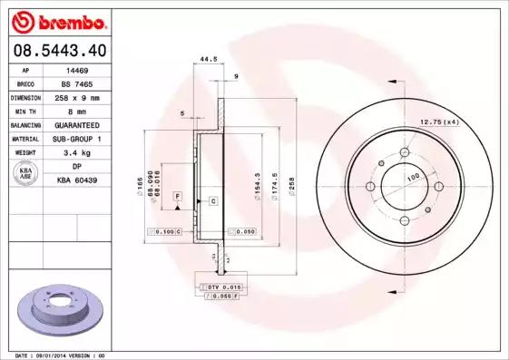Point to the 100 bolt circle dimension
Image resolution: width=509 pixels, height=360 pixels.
[x=413, y=178]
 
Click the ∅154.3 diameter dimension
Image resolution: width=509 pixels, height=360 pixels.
[x=259, y=187]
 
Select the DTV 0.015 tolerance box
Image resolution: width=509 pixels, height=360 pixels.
[x=219, y=287]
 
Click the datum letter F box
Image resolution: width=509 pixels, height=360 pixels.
[x=178, y=197]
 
